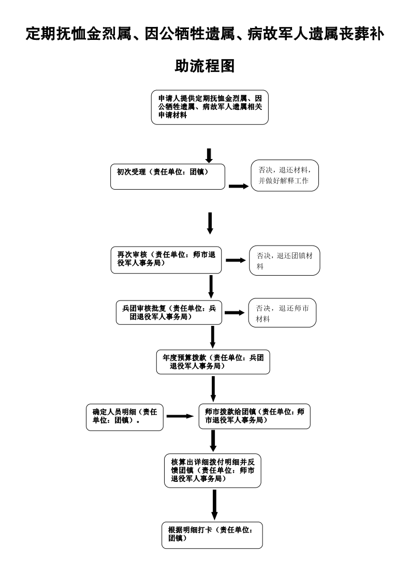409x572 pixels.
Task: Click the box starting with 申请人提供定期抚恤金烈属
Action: click(x=210, y=108)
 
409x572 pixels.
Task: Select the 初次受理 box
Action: click(x=168, y=177)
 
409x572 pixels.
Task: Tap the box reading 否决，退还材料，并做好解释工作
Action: click(x=284, y=176)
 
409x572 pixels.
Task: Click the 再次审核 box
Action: click(x=166, y=260)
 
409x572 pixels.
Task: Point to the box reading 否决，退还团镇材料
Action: click(x=284, y=260)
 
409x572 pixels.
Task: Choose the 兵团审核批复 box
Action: click(x=169, y=312)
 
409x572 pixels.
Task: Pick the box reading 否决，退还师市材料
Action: click(x=282, y=313)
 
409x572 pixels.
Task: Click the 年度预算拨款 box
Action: click(x=213, y=362)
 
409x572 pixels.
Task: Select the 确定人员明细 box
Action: click(x=124, y=416)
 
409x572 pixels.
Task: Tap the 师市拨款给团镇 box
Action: click(x=254, y=416)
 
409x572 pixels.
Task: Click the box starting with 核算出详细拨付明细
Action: click(x=212, y=470)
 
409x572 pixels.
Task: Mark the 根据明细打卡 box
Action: click(x=212, y=535)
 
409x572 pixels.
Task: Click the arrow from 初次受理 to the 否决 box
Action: click(x=239, y=186)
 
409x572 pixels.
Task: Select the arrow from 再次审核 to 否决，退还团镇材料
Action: click(x=236, y=260)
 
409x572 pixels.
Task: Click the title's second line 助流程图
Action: click(x=205, y=66)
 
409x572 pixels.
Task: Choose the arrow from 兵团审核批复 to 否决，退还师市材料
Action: click(x=234, y=313)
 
